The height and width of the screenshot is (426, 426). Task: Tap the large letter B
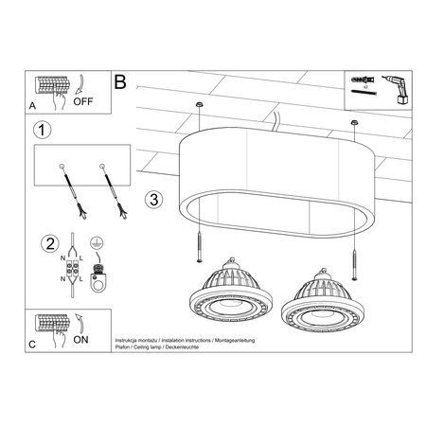coord(119,83)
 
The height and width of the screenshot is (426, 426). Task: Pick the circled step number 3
coord(154,200)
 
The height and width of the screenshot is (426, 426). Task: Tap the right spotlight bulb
coord(320,297)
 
